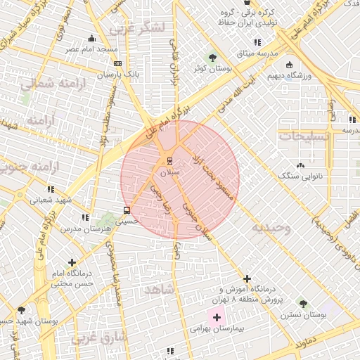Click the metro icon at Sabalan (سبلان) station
point(168,159)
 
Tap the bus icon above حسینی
point(127,210)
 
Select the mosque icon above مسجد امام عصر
point(91,39)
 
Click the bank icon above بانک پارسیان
point(117,63)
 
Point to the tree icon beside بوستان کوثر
point(212,57)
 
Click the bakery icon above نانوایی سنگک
point(301,165)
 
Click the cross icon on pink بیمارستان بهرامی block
point(217,318)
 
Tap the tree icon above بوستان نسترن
point(303,304)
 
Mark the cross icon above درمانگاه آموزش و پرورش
point(246,278)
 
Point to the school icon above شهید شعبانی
point(50,189)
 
